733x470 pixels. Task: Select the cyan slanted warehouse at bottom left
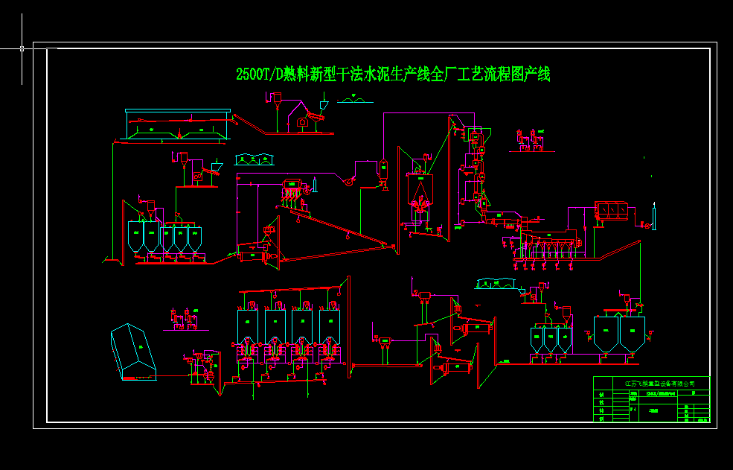[x=133, y=351]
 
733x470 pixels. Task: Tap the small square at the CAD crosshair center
[x=22, y=48]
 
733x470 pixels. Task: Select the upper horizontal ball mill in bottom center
[x=476, y=328]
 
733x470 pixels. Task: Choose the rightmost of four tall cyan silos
[x=329, y=325]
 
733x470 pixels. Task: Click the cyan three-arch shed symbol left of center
[x=254, y=159]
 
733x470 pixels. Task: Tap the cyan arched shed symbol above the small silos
[x=496, y=283]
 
